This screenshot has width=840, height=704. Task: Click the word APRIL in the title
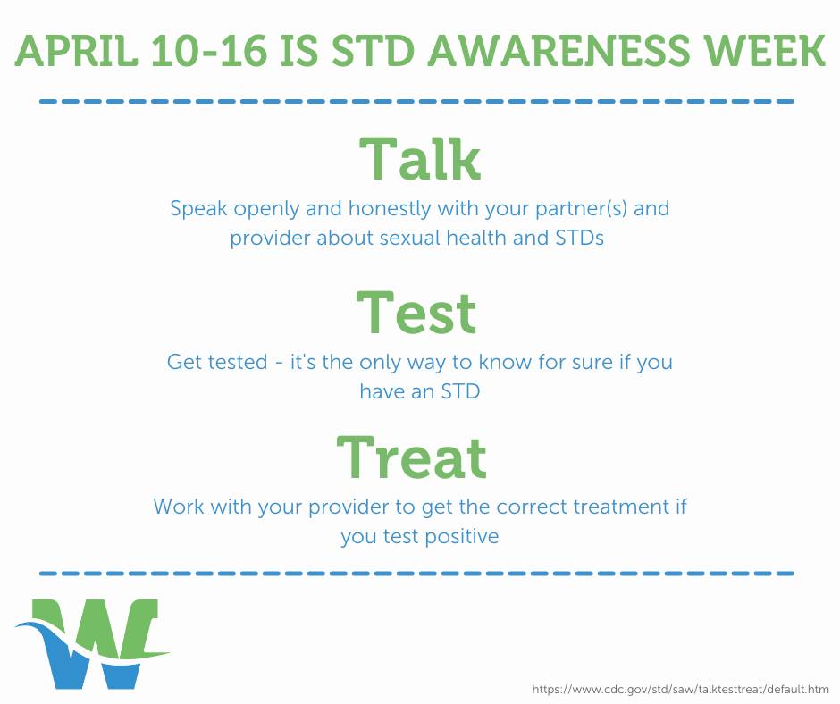pos(76,51)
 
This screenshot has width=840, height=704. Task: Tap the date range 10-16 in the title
pos(209,51)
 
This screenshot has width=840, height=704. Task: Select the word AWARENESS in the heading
pos(559,51)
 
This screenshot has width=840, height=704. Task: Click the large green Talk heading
pos(420,159)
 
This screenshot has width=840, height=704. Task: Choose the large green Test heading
pos(416,313)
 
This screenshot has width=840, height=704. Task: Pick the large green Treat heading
pos(411,457)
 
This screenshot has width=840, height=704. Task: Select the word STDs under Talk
pos(579,238)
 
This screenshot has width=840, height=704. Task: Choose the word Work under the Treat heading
pos(179,507)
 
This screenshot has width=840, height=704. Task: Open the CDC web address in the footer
pos(680,689)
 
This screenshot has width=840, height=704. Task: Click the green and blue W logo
pos(92,643)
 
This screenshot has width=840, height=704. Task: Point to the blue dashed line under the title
pos(416,101)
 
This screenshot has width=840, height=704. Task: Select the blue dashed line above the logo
pos(416,574)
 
